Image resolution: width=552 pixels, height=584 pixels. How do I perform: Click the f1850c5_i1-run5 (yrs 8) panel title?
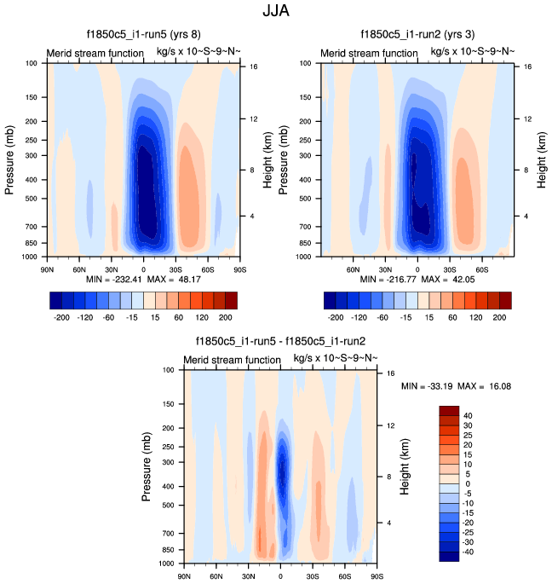point(143,35)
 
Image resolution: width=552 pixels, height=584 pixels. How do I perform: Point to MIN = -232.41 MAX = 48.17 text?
point(142,280)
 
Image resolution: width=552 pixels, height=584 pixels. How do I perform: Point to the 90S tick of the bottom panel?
point(376,576)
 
